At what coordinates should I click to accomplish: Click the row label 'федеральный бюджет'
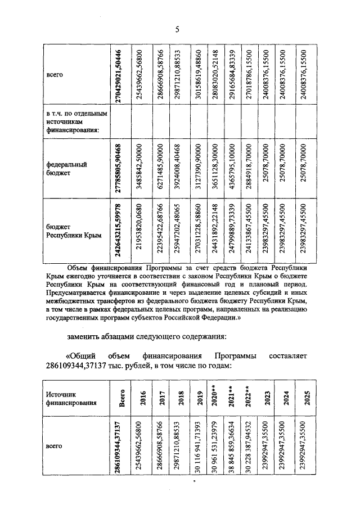(x=66, y=169)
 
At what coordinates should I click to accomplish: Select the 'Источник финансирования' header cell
(x=71, y=399)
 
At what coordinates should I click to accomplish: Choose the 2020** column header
(x=214, y=399)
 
